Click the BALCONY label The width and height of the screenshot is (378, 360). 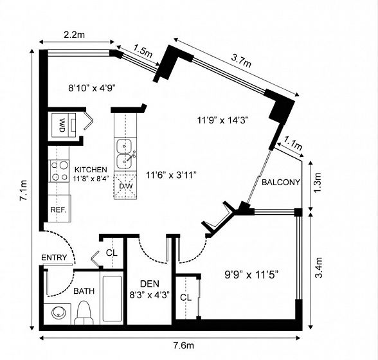click(281, 183)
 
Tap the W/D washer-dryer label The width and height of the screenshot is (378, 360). click(62, 125)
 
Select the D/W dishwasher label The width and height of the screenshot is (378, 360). click(126, 186)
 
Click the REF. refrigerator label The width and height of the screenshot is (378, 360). click(58, 210)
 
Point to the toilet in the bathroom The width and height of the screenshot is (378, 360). click(84, 312)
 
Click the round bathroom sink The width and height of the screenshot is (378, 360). click(59, 313)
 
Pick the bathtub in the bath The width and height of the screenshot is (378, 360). click(113, 298)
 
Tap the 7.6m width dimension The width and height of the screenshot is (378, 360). click(183, 346)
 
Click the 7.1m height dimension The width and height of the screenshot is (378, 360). click(24, 190)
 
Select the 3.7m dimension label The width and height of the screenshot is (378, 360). click(241, 61)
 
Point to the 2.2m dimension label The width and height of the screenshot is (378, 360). click(75, 35)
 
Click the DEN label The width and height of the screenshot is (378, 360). click(150, 283)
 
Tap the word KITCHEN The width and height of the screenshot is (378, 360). click(91, 170)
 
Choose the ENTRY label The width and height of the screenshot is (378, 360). click(54, 258)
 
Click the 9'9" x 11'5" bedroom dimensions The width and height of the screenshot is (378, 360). click(252, 274)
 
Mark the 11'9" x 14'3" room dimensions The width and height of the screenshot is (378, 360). click(223, 120)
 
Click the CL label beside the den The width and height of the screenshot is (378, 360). click(112, 253)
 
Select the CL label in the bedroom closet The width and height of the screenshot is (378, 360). click(186, 298)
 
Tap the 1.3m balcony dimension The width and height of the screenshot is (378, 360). click(319, 183)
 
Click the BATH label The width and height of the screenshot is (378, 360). click(84, 291)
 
